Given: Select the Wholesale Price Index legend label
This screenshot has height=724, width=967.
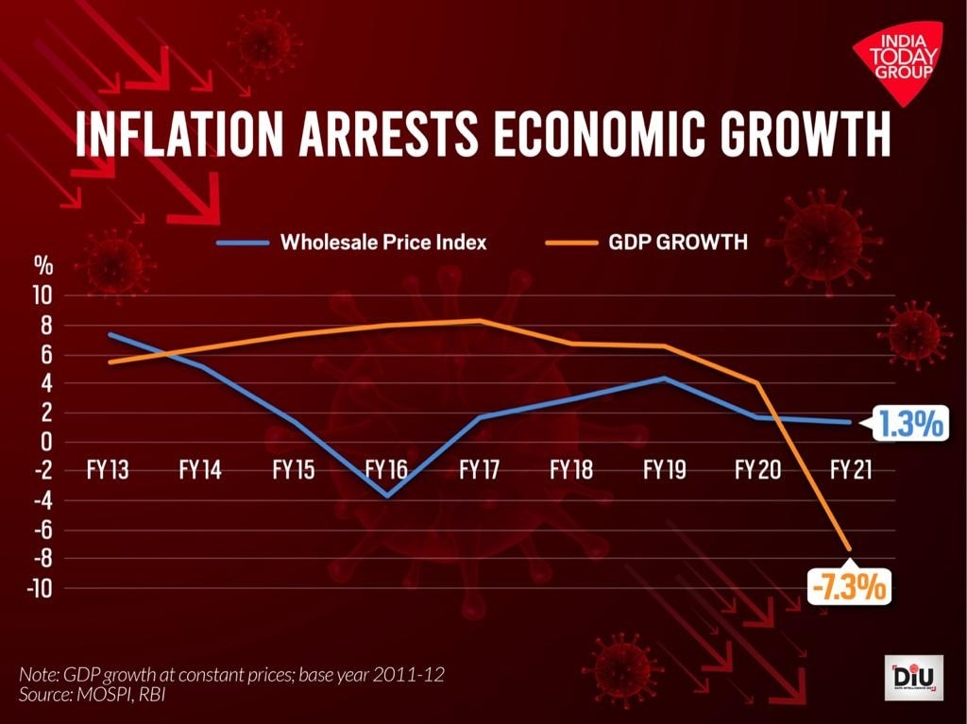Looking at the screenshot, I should (x=383, y=243).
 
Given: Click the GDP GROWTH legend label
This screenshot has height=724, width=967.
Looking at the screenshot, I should (x=678, y=243).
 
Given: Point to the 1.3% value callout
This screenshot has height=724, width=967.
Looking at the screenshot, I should (x=908, y=425).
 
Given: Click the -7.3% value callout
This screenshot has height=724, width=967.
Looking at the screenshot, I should (x=849, y=587).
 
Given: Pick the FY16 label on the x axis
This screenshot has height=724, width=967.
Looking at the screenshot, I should (x=385, y=469).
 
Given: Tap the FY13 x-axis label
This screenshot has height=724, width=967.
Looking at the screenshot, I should (x=107, y=469).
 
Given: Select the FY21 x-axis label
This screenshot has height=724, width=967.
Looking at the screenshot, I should (x=850, y=469).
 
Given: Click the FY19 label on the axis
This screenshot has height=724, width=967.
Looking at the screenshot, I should (x=664, y=469).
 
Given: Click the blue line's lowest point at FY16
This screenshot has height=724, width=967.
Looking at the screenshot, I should (x=385, y=496).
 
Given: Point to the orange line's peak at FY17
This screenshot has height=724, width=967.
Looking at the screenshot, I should (x=479, y=321).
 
